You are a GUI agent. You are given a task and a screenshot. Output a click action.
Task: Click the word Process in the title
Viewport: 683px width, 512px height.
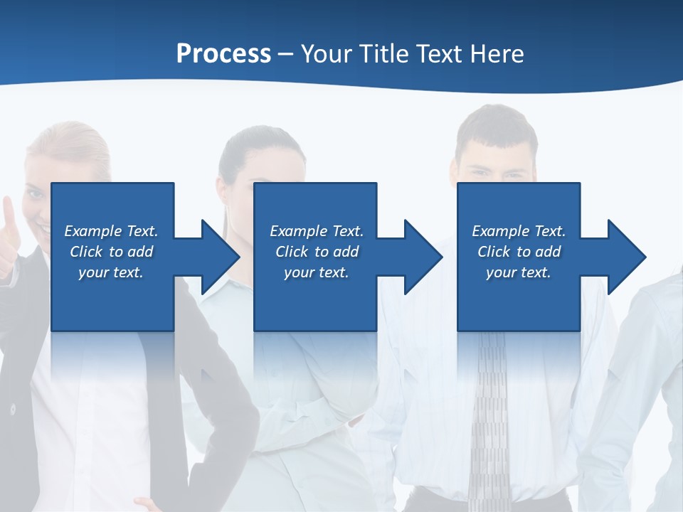coord(223,54)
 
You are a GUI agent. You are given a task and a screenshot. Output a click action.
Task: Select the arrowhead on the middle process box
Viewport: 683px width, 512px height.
coord(422,257)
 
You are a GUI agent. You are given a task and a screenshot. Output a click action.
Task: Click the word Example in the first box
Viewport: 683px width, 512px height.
coord(92,231)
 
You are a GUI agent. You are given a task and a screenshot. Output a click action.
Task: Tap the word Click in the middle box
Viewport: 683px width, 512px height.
coord(292,252)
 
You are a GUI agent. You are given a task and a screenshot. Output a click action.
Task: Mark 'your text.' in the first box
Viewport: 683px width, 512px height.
coord(111,272)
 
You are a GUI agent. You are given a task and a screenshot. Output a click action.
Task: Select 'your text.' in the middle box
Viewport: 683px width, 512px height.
coord(317,272)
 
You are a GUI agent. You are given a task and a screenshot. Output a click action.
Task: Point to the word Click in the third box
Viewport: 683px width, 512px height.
coord(494,252)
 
